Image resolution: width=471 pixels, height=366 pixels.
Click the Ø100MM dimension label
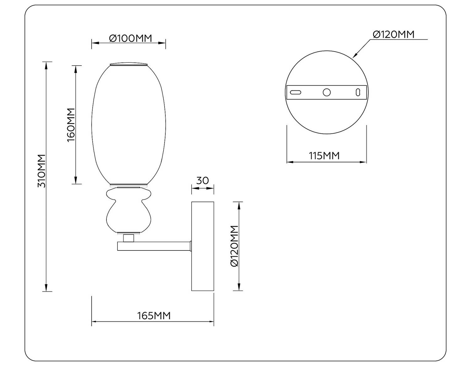pos(130,38)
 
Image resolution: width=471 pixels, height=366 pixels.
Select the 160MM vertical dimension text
pos(71,125)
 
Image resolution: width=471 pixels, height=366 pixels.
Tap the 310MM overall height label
pos(41,171)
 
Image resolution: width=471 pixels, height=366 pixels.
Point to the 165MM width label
pos(154,315)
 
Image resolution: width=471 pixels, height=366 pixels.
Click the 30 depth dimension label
pos(203,180)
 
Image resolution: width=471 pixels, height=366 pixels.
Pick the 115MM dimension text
pos(324,156)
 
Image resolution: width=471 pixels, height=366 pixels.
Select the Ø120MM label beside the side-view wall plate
pos(234,246)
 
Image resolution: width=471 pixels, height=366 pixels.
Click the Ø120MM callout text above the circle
pos(393,34)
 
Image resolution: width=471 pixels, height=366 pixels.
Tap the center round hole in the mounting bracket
pos(327,92)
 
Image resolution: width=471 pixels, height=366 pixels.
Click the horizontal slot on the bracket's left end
pos(295,92)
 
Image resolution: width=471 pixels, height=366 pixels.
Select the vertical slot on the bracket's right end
pos(358,92)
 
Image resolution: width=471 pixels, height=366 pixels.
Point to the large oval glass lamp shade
pos(128,124)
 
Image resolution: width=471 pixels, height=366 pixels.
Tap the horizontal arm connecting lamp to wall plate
pos(154,246)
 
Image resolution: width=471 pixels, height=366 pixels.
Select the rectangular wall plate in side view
pos(203,246)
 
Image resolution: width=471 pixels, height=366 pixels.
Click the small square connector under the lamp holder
pos(128,238)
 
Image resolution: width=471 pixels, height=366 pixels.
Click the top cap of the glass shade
pos(128,65)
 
